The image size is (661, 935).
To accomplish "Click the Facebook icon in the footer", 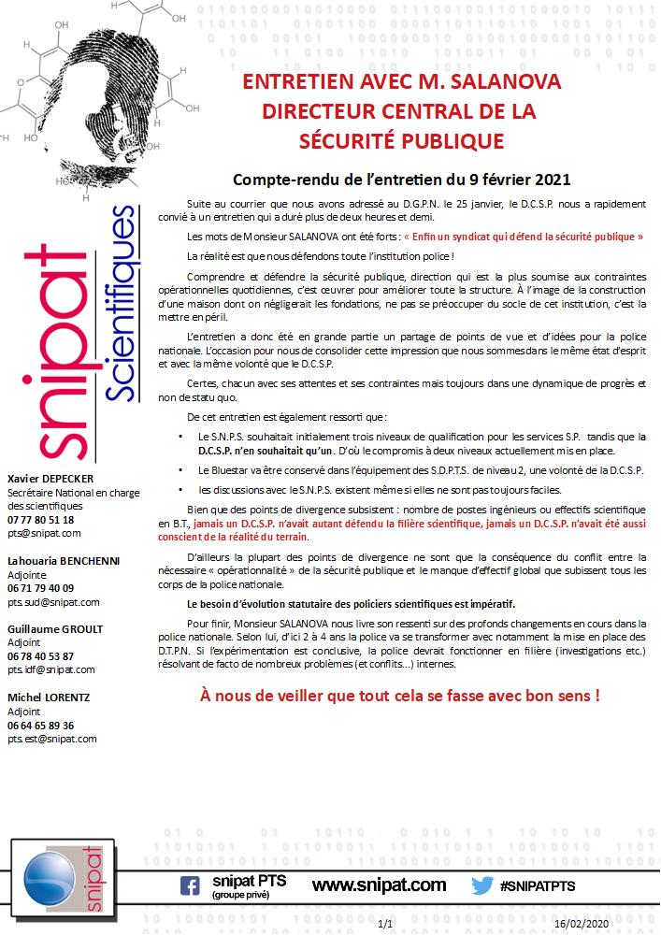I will click(190, 885).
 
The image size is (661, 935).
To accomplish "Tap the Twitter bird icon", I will click(482, 885).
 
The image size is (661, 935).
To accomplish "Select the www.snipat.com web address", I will click(379, 885).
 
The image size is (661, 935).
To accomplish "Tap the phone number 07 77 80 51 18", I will click(40, 519).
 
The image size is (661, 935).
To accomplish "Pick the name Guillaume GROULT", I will click(55, 628).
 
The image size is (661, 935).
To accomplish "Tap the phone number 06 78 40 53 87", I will click(40, 656).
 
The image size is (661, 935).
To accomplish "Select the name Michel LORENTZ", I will click(49, 698).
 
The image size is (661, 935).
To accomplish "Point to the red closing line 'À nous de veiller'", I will click(400, 696).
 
